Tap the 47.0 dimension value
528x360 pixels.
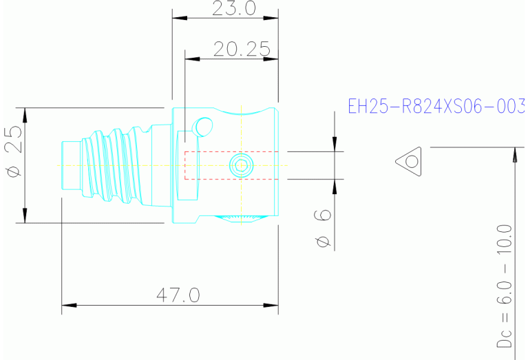click(178, 295)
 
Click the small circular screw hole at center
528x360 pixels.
click(241, 165)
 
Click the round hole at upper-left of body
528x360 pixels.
click(204, 126)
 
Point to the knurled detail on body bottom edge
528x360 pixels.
click(241, 218)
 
